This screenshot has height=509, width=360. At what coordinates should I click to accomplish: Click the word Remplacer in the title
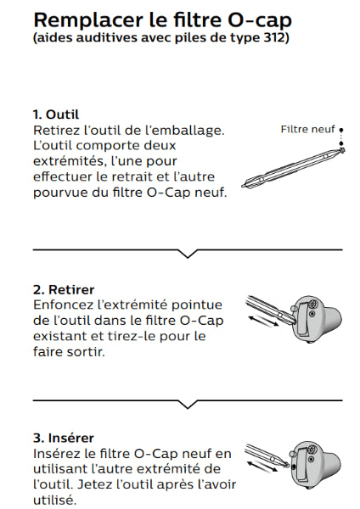point(88,20)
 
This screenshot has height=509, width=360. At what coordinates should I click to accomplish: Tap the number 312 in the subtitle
point(273,37)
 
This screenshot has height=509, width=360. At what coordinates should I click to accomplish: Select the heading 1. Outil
point(56,115)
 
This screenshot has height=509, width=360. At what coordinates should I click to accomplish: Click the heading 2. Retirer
point(64,289)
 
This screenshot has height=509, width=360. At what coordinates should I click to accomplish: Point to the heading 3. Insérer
point(64,438)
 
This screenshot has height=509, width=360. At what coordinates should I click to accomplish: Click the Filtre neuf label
point(307,129)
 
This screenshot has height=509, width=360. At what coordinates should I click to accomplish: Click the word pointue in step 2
point(197,305)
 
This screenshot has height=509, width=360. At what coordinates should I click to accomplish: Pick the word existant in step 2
point(59,336)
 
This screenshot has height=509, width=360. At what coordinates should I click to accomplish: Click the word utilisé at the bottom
point(54,501)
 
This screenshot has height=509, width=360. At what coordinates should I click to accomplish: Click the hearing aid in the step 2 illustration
point(317,318)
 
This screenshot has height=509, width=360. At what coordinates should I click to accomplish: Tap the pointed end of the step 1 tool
point(242,187)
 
